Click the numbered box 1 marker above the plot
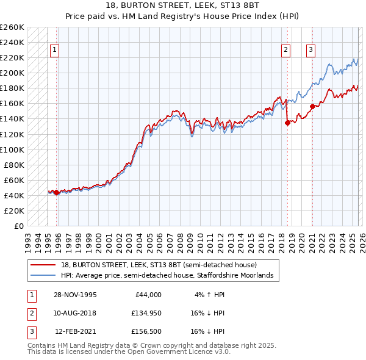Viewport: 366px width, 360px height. (x=55, y=51)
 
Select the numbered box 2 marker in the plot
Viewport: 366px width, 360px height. (x=285, y=51)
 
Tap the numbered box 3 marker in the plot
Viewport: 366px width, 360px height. (x=310, y=51)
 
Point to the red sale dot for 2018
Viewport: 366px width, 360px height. (x=287, y=123)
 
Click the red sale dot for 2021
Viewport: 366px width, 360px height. (x=312, y=106)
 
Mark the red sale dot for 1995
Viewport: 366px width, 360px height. (x=57, y=192)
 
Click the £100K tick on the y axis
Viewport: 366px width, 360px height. (x=12, y=149)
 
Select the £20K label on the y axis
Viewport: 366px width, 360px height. (x=14, y=211)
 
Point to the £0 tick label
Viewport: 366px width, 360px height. (x=20, y=226)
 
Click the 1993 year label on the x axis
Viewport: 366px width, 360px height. (x=27, y=239)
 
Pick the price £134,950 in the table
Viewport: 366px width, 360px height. (x=144, y=313)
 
